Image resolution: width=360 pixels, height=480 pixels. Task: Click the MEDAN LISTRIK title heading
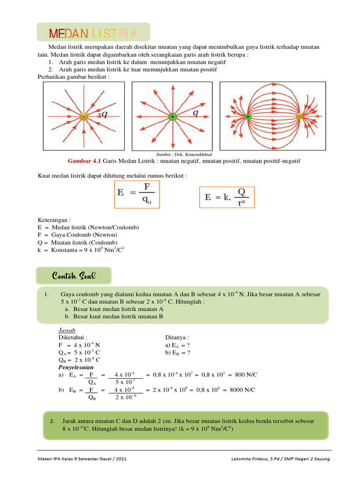point(93,33)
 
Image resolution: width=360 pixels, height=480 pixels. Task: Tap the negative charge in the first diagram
point(83,116)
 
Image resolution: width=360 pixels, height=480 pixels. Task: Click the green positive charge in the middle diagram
point(172,116)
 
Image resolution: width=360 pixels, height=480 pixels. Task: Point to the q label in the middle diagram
point(195,113)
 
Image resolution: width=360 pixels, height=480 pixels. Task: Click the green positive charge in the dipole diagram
point(247,116)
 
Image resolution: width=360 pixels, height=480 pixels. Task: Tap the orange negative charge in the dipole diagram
point(299,116)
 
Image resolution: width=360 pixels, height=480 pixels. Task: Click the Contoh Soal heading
point(74,276)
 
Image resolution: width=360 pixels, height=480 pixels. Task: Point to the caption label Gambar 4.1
point(84,161)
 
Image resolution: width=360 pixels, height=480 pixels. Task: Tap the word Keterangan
point(54,219)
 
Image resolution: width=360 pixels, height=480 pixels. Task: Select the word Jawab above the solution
point(67,330)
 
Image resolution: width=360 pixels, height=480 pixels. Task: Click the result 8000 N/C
point(246,390)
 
